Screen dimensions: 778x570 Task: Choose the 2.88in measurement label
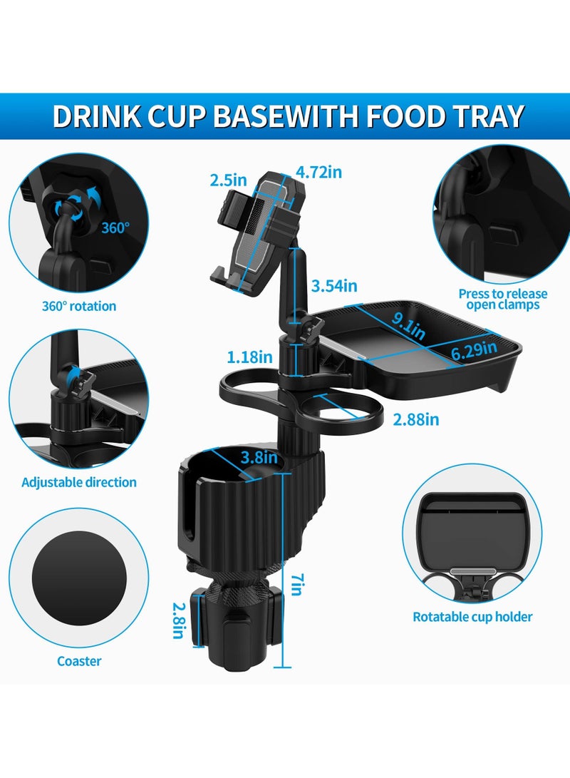click(416, 419)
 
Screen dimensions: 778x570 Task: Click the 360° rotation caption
click(78, 306)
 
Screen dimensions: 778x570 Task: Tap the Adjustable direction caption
click(79, 482)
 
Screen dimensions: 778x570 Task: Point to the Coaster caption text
click(79, 661)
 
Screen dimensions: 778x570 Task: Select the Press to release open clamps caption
click(502, 300)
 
